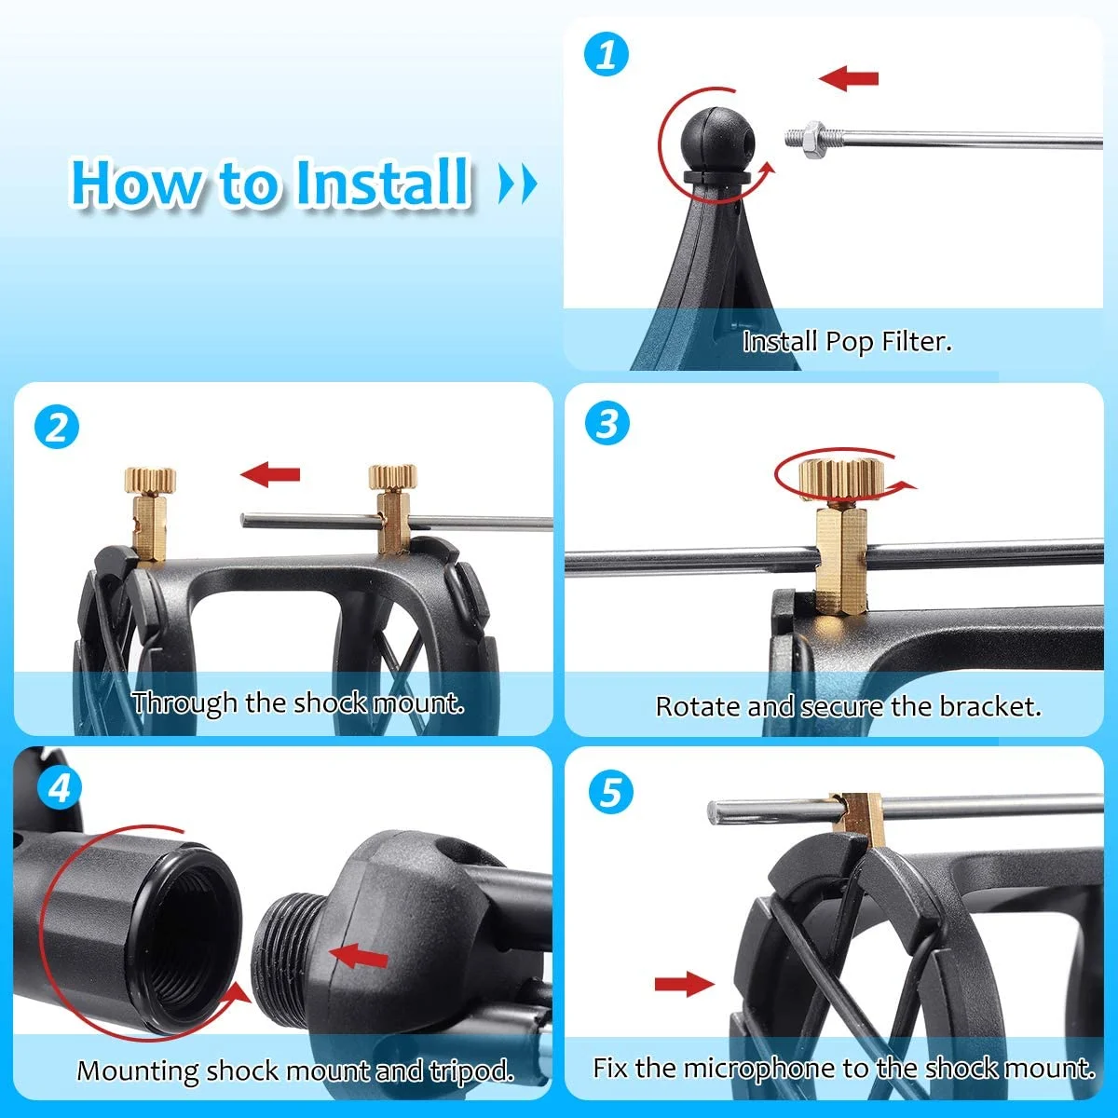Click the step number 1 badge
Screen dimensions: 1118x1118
607,55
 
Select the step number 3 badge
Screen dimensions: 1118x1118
607,423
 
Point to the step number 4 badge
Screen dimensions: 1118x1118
60,788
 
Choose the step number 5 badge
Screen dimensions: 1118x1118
611,792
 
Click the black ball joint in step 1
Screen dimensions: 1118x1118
718,139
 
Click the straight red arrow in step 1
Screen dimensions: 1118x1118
848,77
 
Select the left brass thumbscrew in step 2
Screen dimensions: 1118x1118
149,512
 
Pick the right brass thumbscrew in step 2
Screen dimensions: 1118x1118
393,509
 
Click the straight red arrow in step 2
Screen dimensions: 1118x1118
270,474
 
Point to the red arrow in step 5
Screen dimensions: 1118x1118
685,983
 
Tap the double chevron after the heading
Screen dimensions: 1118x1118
518,184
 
